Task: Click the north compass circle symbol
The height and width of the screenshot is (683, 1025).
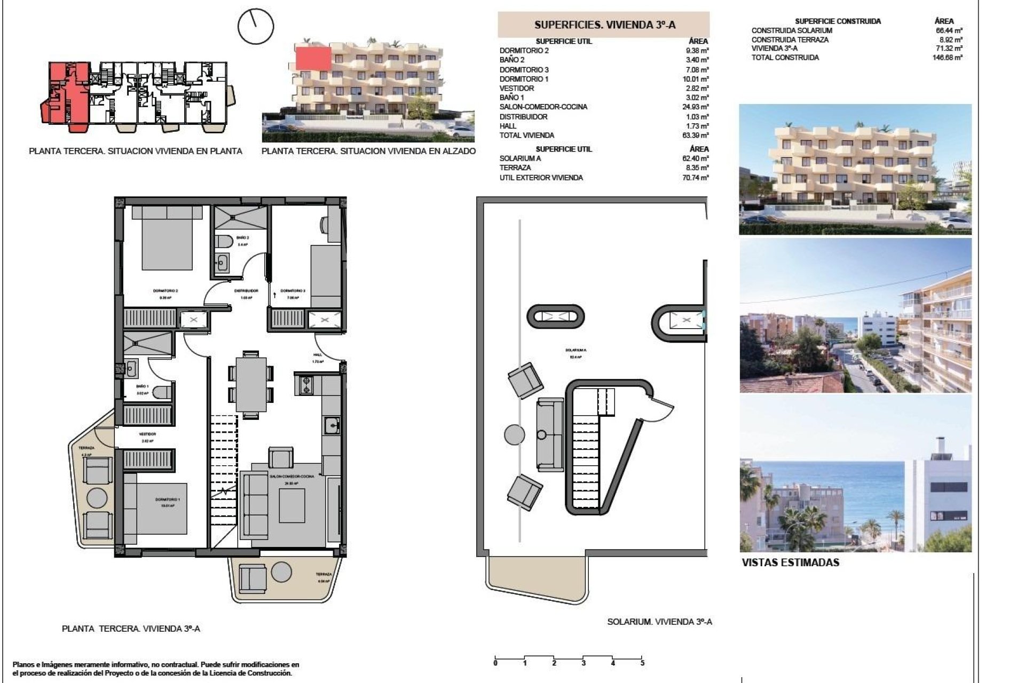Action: (255, 26)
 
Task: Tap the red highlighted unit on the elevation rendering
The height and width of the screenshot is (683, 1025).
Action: (314, 58)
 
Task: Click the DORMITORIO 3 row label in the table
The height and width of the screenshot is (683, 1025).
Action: (516, 70)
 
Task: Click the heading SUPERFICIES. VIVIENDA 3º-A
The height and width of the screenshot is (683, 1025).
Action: (604, 25)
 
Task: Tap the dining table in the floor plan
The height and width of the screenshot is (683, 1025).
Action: (251, 384)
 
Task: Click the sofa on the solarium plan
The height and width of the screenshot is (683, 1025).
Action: (550, 434)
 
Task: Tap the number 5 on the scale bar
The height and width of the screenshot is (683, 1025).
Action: (642, 663)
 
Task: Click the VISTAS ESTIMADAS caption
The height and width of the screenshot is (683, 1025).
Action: (790, 562)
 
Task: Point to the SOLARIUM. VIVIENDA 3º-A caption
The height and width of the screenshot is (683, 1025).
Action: (659, 622)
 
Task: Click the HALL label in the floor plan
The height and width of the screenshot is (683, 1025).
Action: (318, 355)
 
